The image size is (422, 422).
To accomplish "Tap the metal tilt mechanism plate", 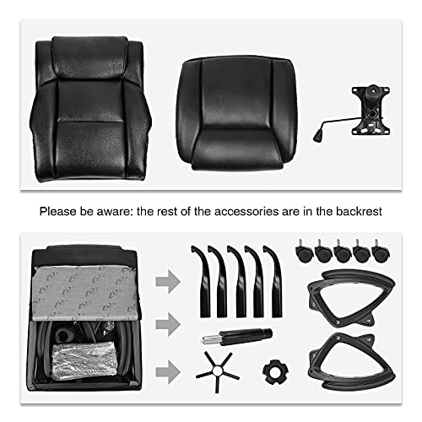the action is pos(371,111).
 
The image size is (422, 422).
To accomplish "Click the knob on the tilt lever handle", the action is pos(317,137).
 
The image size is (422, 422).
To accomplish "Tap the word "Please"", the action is pos(58,212).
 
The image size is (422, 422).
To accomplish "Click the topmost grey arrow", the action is pos(168,282).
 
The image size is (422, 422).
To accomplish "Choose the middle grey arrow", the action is pos(168,324).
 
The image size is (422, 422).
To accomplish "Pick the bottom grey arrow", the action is pos(168,371).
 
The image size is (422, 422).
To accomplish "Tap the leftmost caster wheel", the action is pos(304,252).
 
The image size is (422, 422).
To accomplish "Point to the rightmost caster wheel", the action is pos(381,252).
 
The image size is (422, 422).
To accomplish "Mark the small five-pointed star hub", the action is pos(217,371).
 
